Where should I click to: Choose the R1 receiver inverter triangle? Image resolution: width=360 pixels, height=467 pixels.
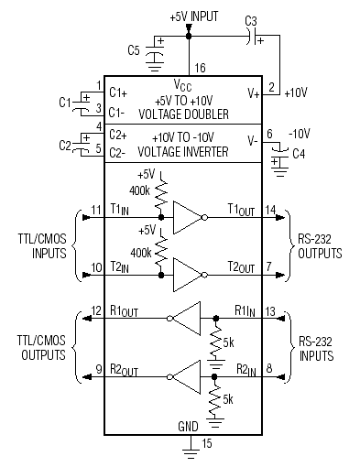click(187, 319)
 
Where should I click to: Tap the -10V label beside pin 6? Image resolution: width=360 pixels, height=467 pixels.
click(300, 135)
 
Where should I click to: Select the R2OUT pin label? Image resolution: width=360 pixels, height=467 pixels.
click(125, 370)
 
